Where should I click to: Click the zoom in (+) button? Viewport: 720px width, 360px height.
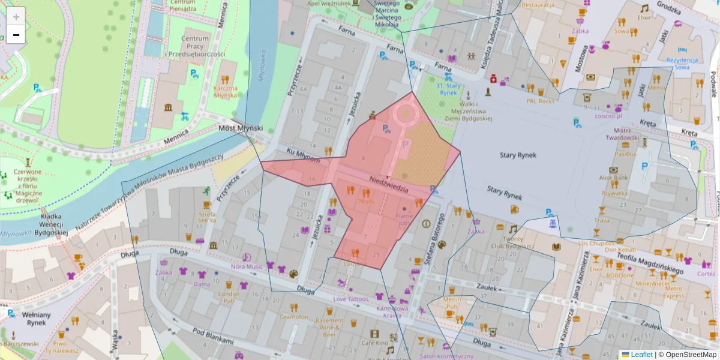(x=16, y=16)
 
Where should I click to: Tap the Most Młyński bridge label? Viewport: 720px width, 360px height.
(x=238, y=128)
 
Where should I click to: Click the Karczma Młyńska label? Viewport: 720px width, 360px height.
(x=225, y=91)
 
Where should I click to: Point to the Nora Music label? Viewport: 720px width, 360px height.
(x=247, y=266)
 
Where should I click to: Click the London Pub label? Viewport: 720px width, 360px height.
(x=229, y=298)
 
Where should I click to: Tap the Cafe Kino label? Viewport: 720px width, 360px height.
(x=375, y=343)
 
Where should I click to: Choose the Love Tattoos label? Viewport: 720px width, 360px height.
(x=351, y=299)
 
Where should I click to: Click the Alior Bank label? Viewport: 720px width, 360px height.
(x=613, y=178)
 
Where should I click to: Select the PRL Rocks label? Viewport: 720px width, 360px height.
(x=540, y=101)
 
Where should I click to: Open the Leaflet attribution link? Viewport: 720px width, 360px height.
(x=641, y=355)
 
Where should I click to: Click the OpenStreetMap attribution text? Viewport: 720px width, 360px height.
(x=690, y=355)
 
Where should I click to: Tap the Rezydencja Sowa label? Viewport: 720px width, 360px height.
(x=682, y=64)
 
